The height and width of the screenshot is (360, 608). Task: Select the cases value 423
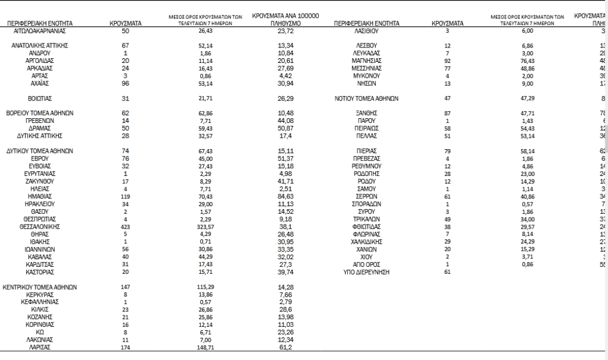[x=125, y=226]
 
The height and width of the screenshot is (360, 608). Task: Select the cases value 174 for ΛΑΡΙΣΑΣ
[x=125, y=348]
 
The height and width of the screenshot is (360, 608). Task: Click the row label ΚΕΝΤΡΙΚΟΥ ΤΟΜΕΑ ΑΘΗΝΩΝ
[x=42, y=287]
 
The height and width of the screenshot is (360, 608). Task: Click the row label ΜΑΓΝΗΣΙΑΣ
[x=366, y=61]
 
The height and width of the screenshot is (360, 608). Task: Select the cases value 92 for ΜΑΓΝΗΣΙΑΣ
[x=448, y=61]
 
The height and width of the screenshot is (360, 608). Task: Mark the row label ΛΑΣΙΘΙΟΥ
[x=366, y=30]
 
